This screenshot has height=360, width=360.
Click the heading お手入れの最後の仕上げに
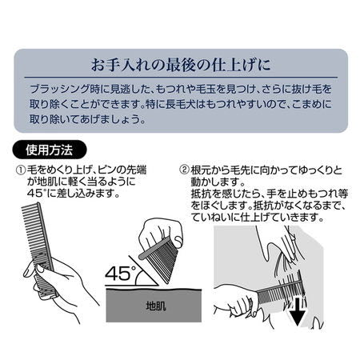click(x=181, y=65)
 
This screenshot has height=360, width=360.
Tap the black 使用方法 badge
click(x=50, y=150)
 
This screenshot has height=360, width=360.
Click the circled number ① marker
click(x=21, y=170)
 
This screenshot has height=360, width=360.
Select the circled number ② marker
click(x=184, y=170)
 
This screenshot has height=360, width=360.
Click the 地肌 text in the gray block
click(x=156, y=306)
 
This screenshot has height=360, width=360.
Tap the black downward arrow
click(x=297, y=311)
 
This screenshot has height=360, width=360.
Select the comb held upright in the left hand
click(x=40, y=250)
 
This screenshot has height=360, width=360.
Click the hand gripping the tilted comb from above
click(x=160, y=234)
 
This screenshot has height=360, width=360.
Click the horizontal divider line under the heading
click(x=181, y=78)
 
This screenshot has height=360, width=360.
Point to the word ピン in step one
click(x=106, y=170)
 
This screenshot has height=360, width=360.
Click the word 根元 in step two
click(x=200, y=170)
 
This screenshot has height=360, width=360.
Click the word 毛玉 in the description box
click(x=206, y=89)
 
